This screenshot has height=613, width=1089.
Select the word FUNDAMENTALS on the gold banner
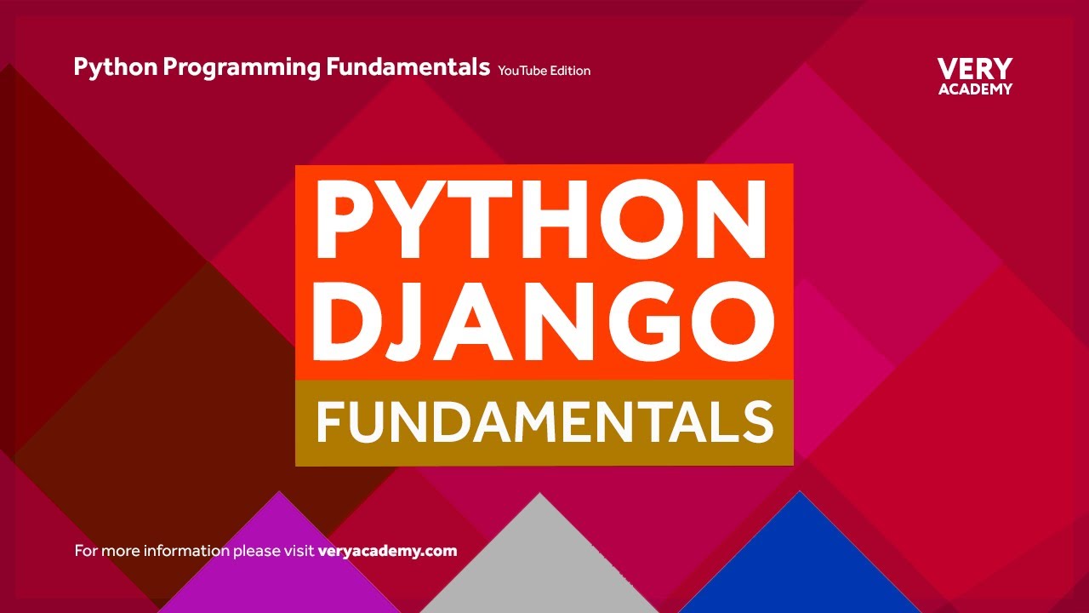[x=544, y=422]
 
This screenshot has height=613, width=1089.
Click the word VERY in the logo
[x=975, y=69]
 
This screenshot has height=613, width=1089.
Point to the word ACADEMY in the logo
[x=975, y=89]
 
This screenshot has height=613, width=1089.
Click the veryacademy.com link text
[x=387, y=551]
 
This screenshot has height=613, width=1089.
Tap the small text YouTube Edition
[x=544, y=71]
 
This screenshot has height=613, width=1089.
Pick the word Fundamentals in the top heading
[x=408, y=67]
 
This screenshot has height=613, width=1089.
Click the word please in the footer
[x=254, y=552]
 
